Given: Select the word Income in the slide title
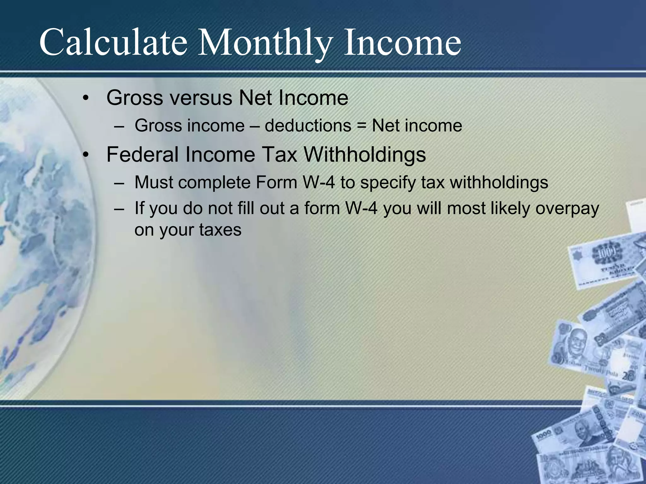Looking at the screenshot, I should click(402, 43).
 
